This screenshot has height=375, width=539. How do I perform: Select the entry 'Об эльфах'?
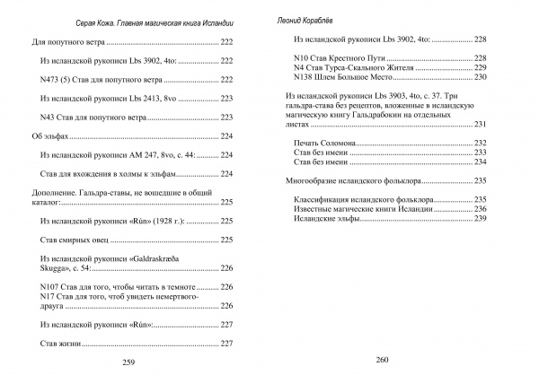point(45,136)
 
